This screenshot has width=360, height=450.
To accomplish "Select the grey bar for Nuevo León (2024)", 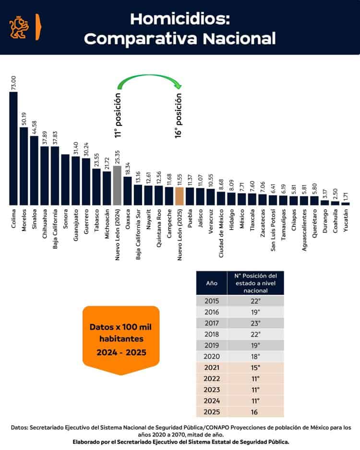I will (117, 185).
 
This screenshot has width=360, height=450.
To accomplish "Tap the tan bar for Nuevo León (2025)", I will (180, 196).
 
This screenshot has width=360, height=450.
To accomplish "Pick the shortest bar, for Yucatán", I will (346, 204).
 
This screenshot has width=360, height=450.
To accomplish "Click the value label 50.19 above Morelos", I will (24, 117).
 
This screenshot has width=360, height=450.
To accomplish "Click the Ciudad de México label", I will (221, 230).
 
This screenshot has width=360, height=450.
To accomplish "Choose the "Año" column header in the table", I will (212, 283).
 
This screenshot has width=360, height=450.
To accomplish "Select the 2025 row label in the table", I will (212, 412).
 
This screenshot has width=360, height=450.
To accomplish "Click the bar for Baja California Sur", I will (138, 195).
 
